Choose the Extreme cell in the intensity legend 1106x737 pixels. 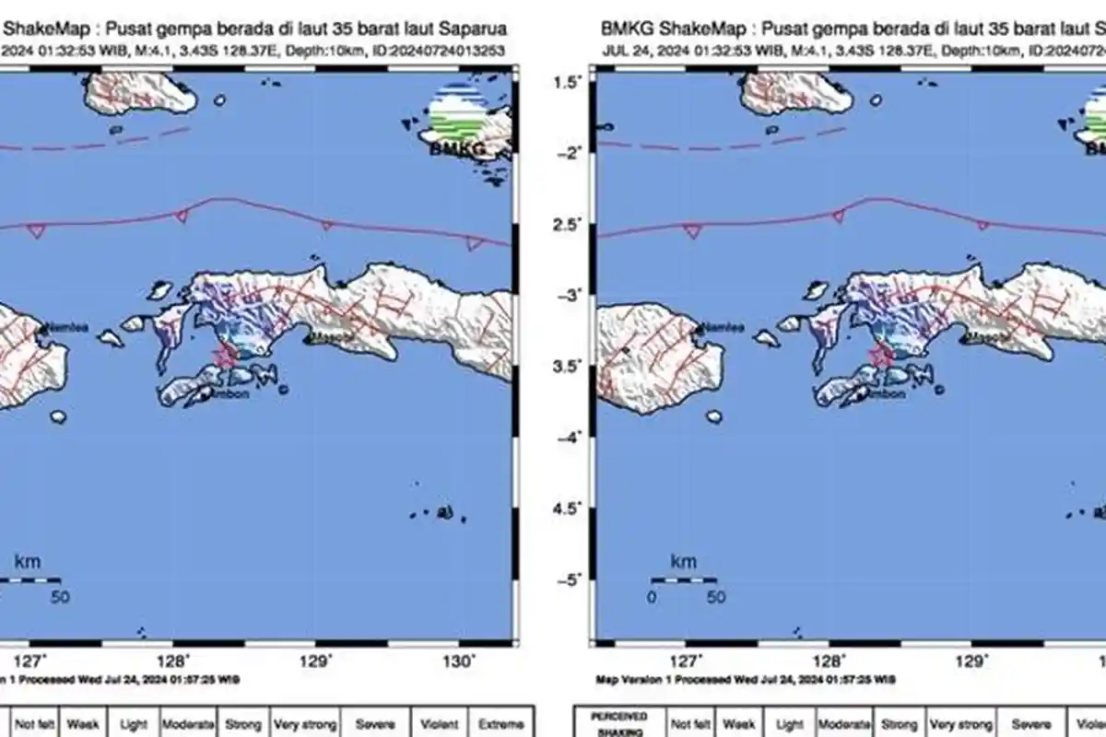[x=501, y=725]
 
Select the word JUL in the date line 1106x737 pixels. [x=617, y=51]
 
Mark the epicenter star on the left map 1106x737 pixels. [x=224, y=355]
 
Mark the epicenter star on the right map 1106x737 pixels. [x=880, y=355]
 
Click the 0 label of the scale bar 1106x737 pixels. [x=652, y=597]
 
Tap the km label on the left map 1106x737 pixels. [x=28, y=561]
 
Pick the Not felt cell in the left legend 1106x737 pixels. [x=35, y=725]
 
